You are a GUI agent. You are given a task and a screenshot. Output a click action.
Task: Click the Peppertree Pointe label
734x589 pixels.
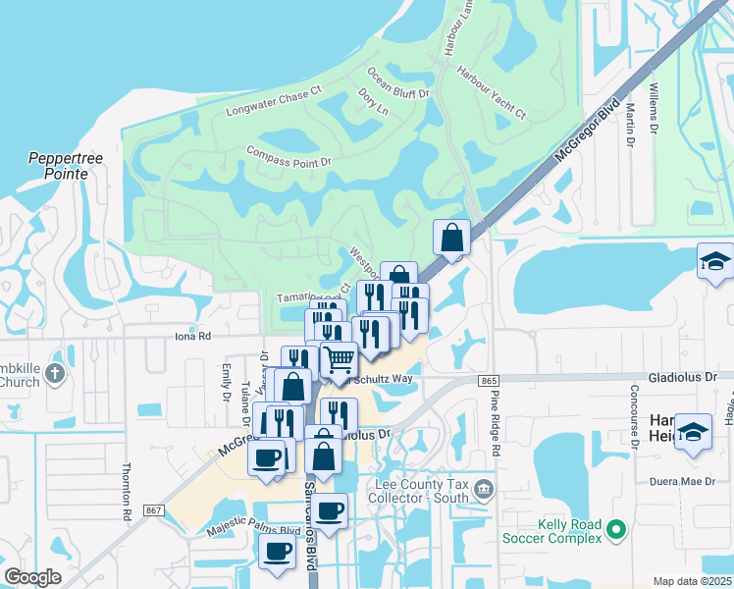58,165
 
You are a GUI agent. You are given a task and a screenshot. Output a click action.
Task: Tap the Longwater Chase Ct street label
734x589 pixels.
274,101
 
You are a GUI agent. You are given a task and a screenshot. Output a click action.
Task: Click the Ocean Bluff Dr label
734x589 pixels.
398,83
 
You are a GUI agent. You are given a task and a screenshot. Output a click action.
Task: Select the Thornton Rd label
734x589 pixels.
127,491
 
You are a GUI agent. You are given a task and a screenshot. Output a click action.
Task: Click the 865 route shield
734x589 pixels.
490,380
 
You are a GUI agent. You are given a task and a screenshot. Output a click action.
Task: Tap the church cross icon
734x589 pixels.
54,373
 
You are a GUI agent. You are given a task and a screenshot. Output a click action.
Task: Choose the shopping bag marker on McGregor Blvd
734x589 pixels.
451,239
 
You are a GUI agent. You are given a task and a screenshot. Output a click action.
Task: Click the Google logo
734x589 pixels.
32,577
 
